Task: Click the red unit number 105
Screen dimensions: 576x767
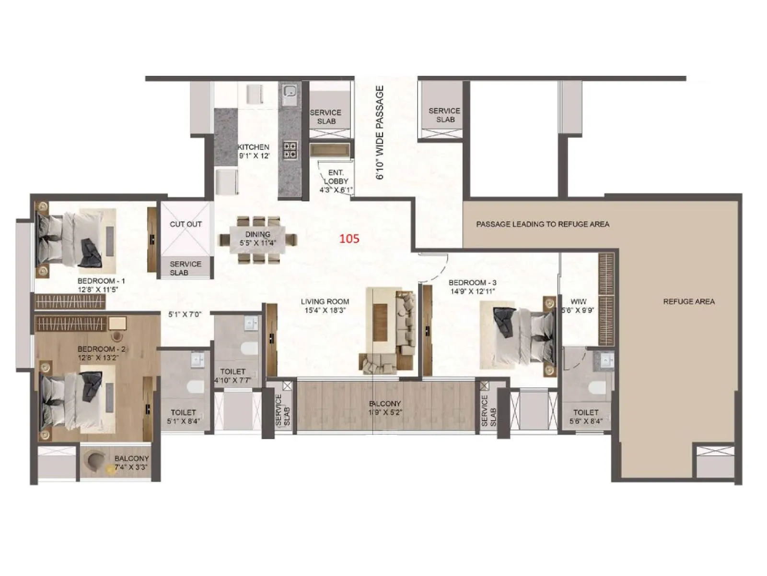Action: [x=349, y=239]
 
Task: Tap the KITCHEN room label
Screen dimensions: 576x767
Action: [x=254, y=147]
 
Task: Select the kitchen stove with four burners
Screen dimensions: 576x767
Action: [x=290, y=150]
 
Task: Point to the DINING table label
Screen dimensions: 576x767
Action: [x=258, y=234]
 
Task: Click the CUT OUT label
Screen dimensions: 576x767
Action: [x=186, y=224]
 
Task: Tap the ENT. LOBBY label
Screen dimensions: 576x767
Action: [x=336, y=177]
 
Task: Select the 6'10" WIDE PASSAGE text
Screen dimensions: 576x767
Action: [x=380, y=132]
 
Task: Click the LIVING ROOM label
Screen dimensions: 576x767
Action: [x=325, y=301]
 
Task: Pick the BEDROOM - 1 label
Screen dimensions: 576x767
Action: [x=101, y=281]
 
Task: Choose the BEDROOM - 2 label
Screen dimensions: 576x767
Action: [x=101, y=349]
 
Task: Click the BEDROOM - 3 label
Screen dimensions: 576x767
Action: [x=472, y=283]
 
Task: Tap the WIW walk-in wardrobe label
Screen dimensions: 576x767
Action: [x=579, y=302]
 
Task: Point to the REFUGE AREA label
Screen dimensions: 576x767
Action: [x=688, y=301]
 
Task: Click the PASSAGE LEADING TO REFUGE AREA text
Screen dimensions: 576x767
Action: [x=542, y=224]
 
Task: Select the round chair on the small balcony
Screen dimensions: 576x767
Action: [x=94, y=460]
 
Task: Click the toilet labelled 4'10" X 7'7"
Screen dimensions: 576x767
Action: [x=233, y=372]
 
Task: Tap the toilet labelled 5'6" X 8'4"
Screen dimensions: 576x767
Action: [x=586, y=412]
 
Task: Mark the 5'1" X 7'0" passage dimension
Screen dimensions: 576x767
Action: [x=185, y=314]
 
